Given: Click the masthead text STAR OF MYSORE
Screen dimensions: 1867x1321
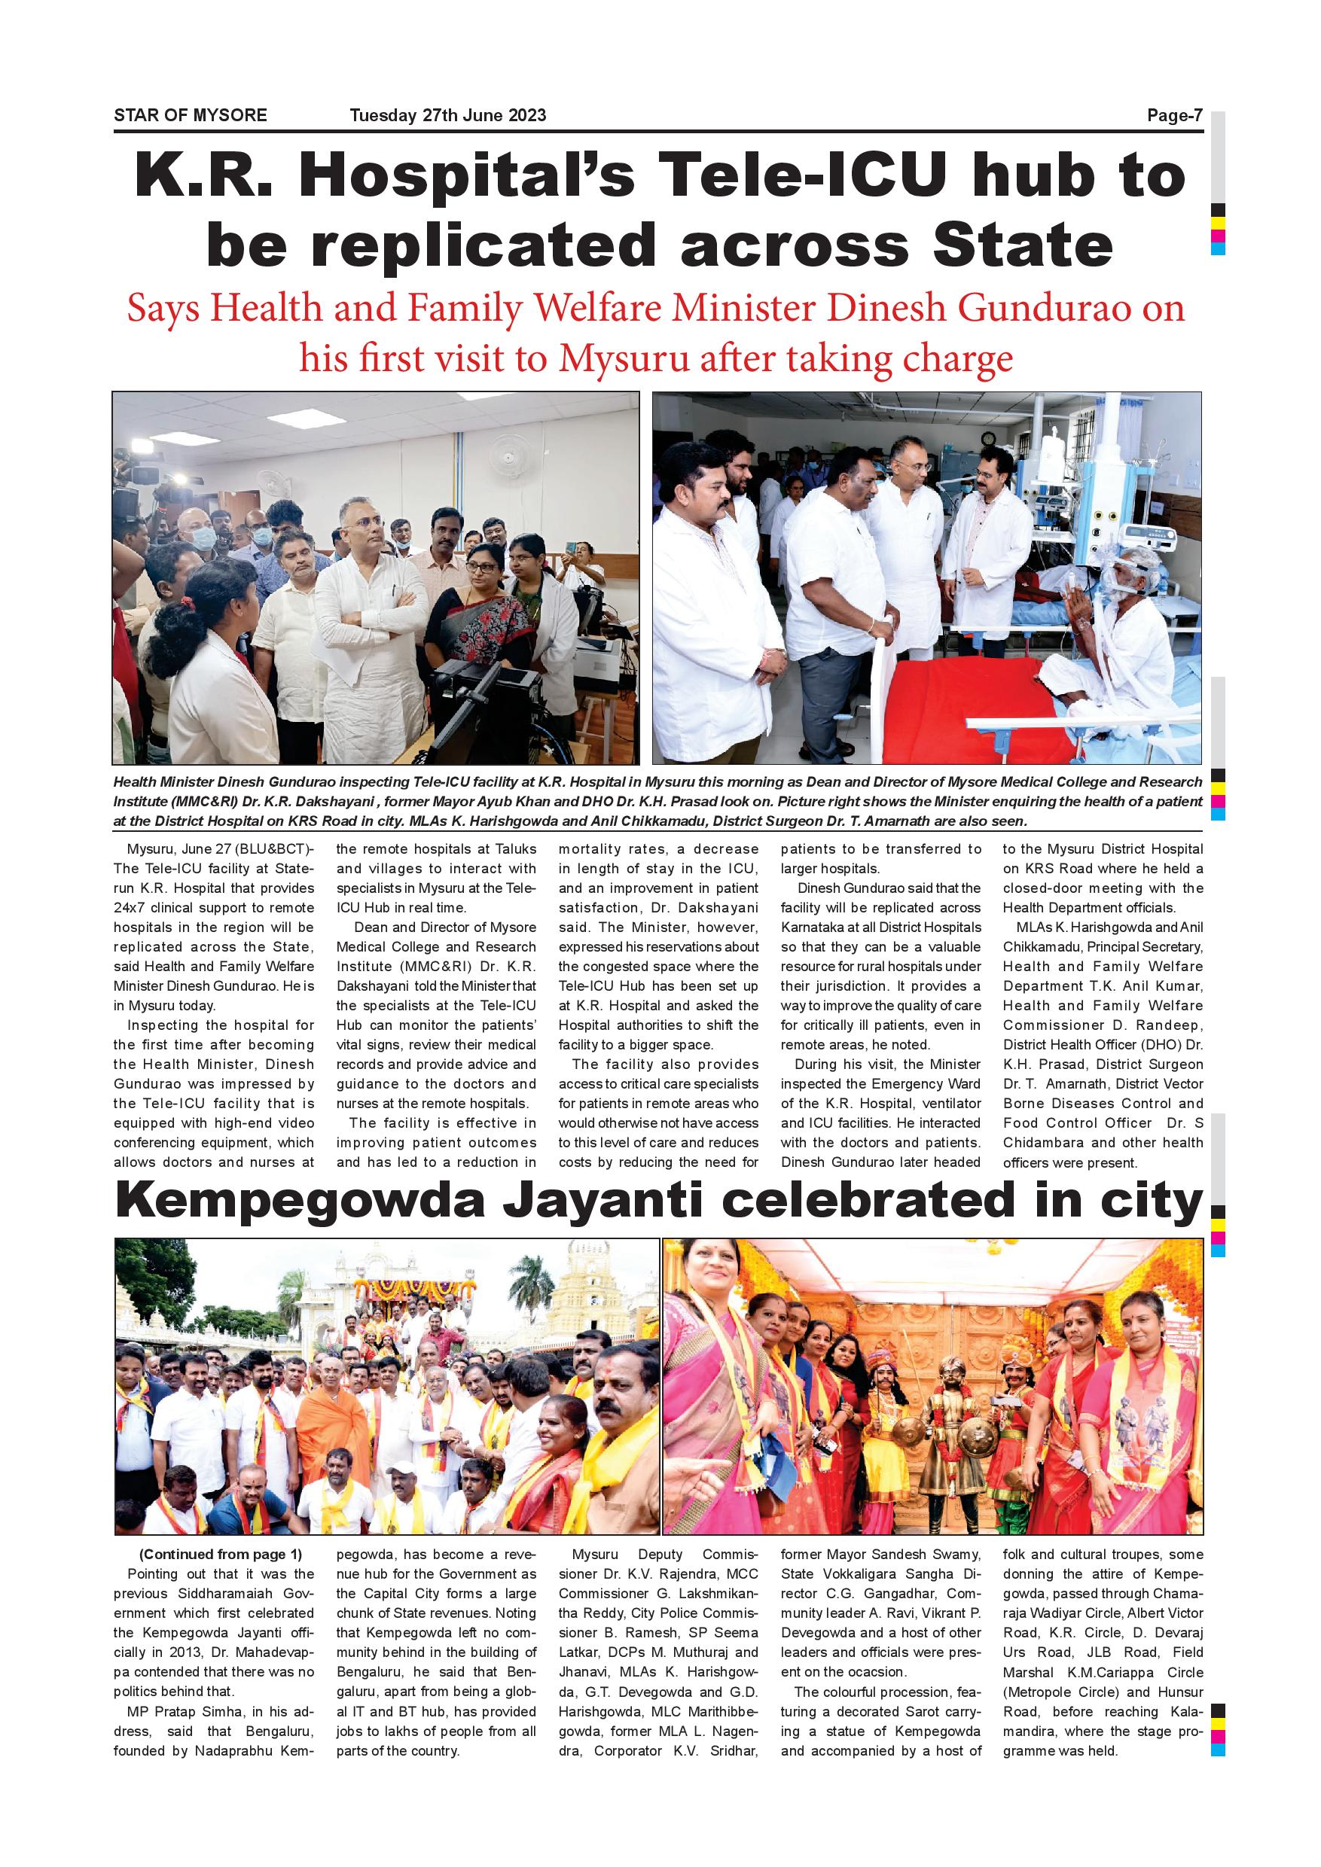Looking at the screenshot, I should (x=191, y=115).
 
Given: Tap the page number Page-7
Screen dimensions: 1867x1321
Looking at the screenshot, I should (x=1174, y=115).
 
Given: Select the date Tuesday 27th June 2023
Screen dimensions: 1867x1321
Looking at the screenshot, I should (x=447, y=115).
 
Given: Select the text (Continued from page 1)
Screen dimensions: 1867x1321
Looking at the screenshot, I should (x=220, y=1554).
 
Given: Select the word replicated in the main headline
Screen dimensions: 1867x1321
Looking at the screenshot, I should (x=484, y=245).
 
